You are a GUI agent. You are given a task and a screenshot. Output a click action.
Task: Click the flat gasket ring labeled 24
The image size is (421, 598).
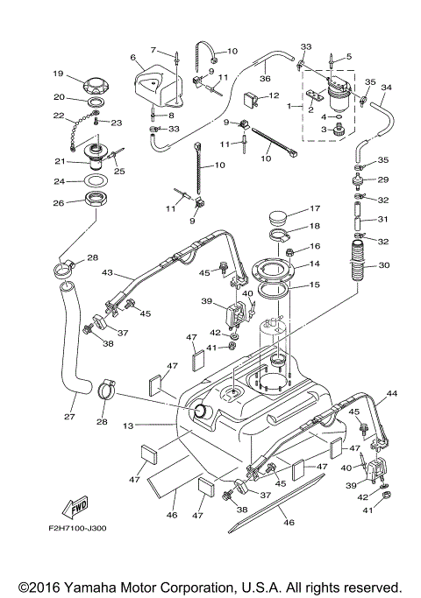[x=96, y=182]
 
